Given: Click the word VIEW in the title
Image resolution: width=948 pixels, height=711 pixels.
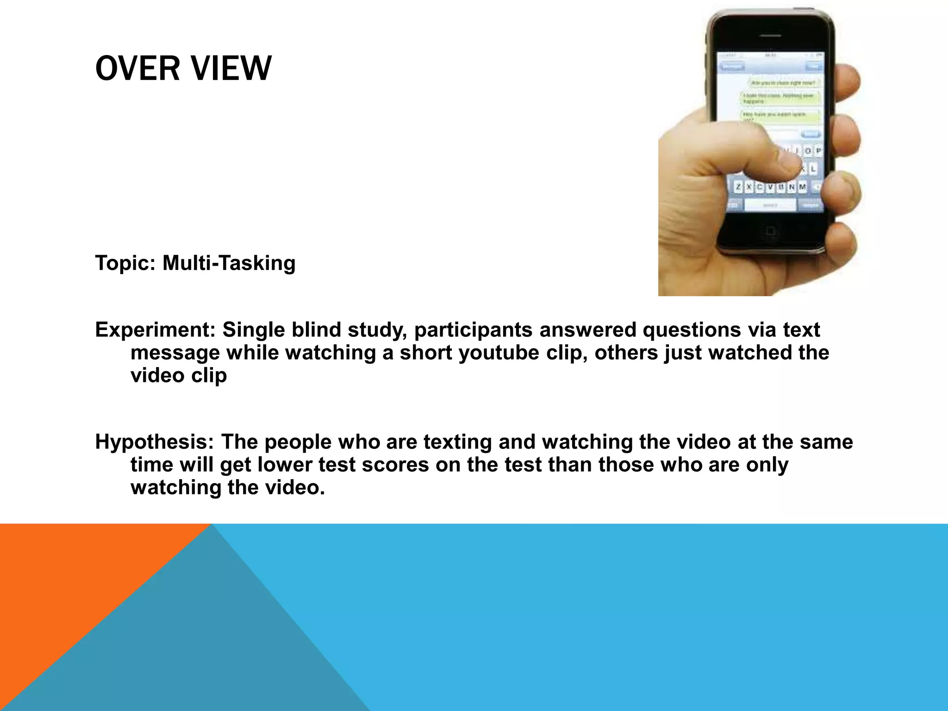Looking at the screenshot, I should tap(231, 69).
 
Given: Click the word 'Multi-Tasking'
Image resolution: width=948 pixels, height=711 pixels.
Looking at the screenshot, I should tap(229, 263).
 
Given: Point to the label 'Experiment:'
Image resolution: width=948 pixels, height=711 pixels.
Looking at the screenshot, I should tap(155, 330).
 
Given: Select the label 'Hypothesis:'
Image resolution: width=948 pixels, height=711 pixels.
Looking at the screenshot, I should tap(155, 442).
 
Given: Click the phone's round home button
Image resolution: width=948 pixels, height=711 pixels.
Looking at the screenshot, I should tap(771, 231).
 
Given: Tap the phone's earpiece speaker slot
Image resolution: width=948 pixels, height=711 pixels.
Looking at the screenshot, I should tap(771, 36).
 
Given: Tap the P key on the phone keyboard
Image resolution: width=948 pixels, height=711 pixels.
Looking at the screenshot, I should tap(818, 151).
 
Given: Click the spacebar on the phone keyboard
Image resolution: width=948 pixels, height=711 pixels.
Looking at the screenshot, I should tap(771, 205).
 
